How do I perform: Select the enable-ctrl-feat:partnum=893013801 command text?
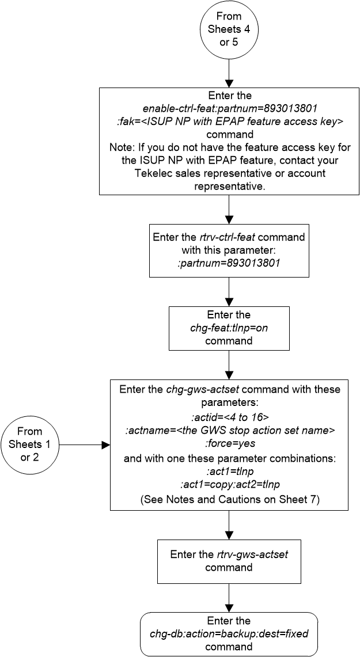click(229, 108)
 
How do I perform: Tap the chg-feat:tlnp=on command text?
click(229, 328)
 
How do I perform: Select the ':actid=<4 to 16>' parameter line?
click(229, 415)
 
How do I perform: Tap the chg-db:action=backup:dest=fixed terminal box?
click(229, 634)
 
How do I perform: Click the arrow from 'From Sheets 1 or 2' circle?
click(84, 445)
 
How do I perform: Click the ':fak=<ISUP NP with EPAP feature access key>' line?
click(229, 120)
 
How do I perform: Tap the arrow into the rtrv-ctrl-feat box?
click(229, 210)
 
